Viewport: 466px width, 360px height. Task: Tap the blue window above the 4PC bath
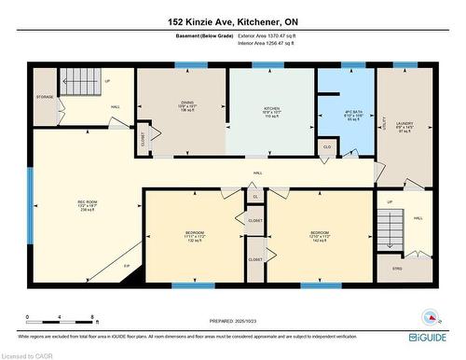(x=352, y=65)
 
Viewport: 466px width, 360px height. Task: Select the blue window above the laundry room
(x=405, y=65)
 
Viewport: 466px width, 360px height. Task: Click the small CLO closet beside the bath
(x=326, y=146)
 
